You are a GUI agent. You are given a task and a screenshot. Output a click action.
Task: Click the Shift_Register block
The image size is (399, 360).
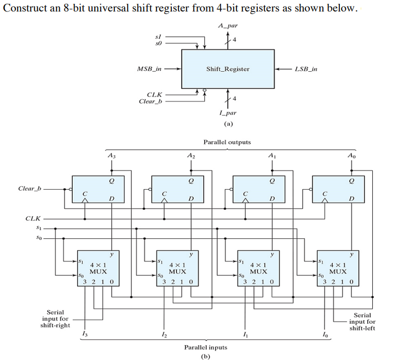[x=227, y=69]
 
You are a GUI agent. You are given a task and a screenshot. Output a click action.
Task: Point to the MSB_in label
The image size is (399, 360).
[x=149, y=69]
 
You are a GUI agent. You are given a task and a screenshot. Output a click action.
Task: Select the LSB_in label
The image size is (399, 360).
[x=306, y=69]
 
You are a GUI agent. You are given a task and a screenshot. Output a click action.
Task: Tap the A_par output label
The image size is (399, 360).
[x=227, y=26]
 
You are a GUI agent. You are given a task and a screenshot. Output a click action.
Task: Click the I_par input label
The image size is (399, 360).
[x=227, y=112]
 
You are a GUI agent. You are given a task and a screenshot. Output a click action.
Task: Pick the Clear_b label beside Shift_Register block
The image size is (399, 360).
[x=151, y=101]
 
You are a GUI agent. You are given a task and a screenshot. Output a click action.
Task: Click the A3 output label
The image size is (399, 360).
[x=112, y=156]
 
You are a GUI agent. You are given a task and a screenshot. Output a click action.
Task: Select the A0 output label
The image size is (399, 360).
[x=351, y=156]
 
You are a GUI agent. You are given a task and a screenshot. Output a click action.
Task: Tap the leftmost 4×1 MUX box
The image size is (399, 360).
[x=98, y=271]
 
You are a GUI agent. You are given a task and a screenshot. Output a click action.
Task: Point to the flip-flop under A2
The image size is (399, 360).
[x=178, y=190]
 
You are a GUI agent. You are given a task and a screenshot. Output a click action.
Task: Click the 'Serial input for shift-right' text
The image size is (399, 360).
[x=55, y=319]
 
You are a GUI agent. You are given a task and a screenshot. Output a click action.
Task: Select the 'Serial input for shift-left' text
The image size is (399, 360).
[x=362, y=322]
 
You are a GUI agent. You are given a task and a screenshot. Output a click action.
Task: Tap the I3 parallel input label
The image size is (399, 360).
[x=83, y=335]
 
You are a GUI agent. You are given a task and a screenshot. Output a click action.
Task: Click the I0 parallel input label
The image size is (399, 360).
[x=325, y=335]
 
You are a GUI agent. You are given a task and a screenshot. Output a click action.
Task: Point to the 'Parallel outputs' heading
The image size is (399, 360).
[x=227, y=142]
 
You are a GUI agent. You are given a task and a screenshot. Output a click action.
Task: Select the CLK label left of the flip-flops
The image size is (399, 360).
[x=32, y=218]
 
